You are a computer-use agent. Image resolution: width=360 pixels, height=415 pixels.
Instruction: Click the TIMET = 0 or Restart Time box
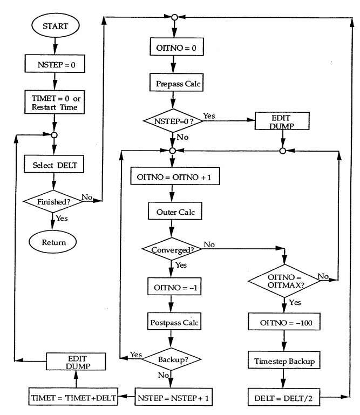click(x=53, y=103)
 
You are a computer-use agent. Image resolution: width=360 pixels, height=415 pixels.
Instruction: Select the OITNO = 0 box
click(x=172, y=47)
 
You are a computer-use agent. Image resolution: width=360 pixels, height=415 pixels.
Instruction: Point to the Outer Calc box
click(x=172, y=212)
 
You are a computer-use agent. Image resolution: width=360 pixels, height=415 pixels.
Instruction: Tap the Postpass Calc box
click(x=172, y=323)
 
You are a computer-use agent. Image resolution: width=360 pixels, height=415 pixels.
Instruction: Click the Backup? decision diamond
click(x=172, y=359)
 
